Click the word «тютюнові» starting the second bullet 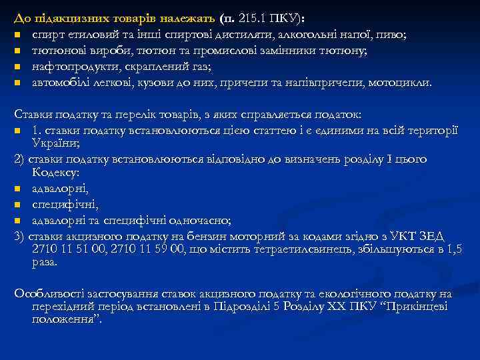click(x=55, y=50)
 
